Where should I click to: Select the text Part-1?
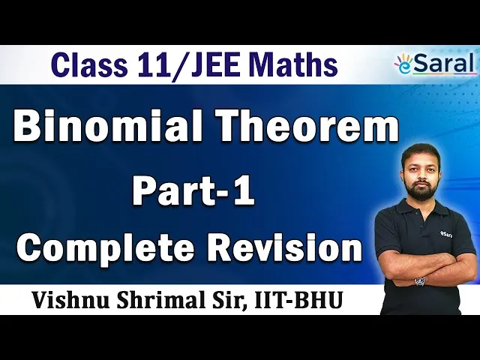pyautogui.click(x=193, y=190)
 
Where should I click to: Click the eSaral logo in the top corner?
pyautogui.click(x=435, y=64)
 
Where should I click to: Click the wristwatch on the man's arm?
pyautogui.click(x=420, y=280)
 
